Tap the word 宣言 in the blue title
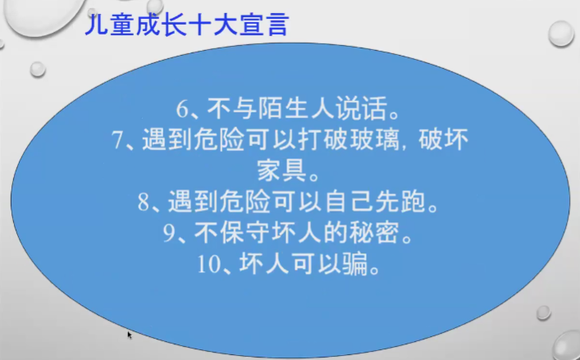pyautogui.click(x=263, y=25)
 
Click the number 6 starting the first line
pyautogui.click(x=182, y=109)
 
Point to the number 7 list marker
pyautogui.click(x=117, y=140)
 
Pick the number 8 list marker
pyautogui.click(x=144, y=203)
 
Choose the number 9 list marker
pyautogui.click(x=169, y=234)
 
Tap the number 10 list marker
pyautogui.click(x=208, y=264)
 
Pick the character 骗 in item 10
pyautogui.click(x=355, y=264)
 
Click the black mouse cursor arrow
pyautogui.click(x=130, y=335)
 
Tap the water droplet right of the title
pyautogui.click(x=561, y=34)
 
